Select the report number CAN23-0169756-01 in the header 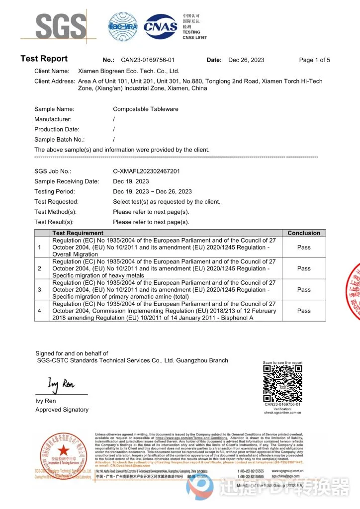(148, 60)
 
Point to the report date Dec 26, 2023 (246, 60)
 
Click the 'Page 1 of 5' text (314, 60)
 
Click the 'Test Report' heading (44, 59)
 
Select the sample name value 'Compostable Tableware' (145, 109)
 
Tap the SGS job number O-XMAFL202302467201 (146, 171)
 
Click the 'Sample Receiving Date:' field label (67, 181)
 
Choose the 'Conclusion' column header (304, 233)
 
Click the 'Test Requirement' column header (78, 233)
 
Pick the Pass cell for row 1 (304, 247)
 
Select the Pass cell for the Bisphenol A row (304, 311)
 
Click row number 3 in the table (40, 289)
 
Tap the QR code (282, 384)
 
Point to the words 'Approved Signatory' (62, 410)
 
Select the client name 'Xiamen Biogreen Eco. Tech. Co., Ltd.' (129, 71)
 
